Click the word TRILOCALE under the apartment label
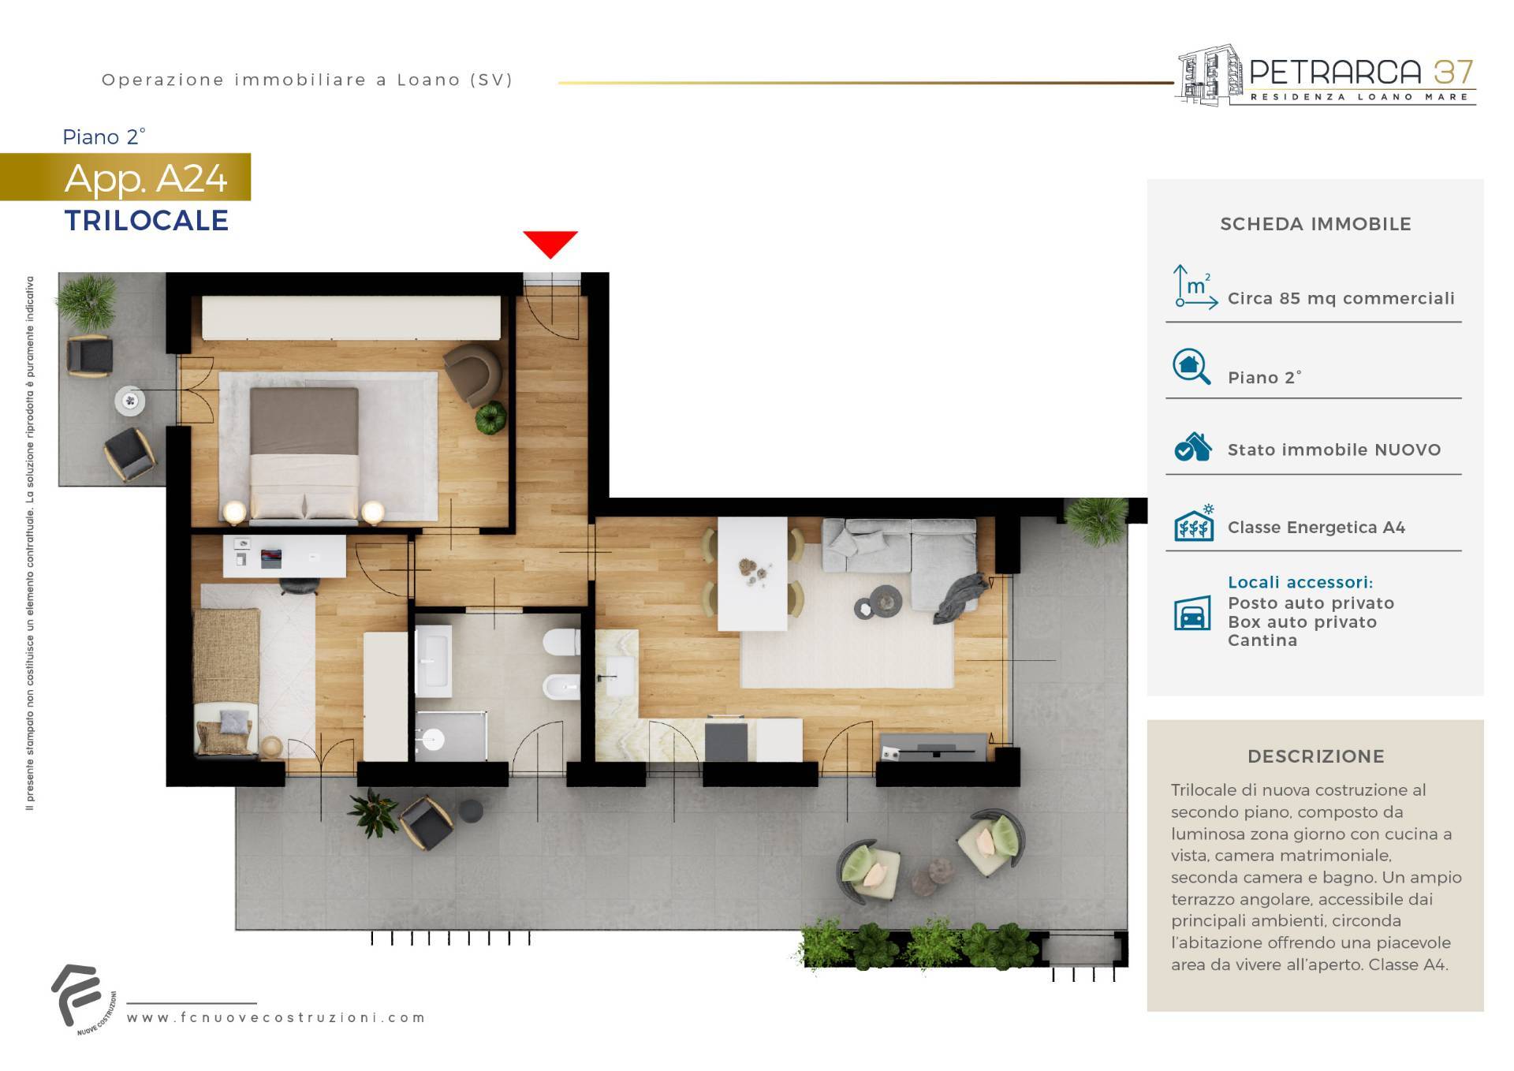pos(147,221)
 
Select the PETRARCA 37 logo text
pos(1362,73)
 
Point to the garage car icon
pos(1192,614)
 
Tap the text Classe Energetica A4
pos(1316,527)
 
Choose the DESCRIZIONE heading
pos(1315,756)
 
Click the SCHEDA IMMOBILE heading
pos(1315,224)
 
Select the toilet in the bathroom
pos(562,642)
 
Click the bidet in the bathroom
pos(562,687)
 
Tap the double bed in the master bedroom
pos(304,455)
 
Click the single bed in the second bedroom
pos(228,681)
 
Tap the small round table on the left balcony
pos(130,401)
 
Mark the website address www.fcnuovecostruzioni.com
pos(276,1017)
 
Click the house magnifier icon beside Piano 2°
pos(1191,367)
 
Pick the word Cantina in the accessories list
pos(1262,640)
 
